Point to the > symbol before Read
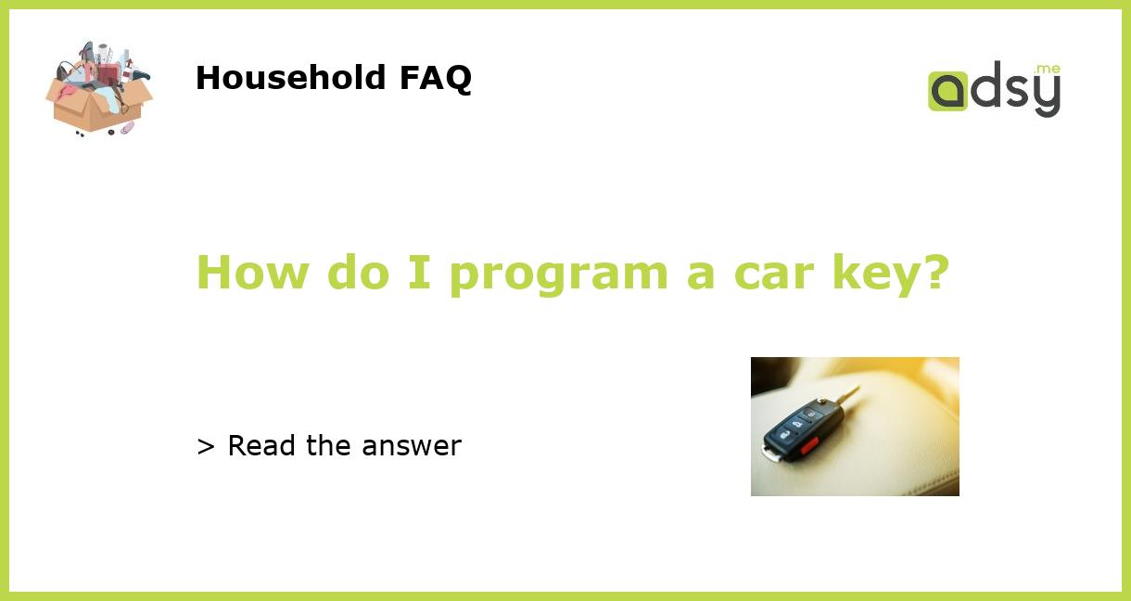pyautogui.click(x=206, y=446)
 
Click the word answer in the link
pyautogui.click(x=412, y=446)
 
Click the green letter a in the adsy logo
pyautogui.click(x=947, y=92)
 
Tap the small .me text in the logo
pyautogui.click(x=1047, y=70)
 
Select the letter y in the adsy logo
pyautogui.click(x=1046, y=96)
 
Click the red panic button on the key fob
pyautogui.click(x=809, y=444)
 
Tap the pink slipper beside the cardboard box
pyautogui.click(x=127, y=127)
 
